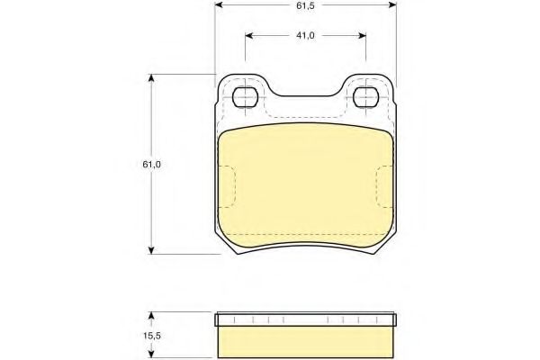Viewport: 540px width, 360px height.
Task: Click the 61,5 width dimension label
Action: pyautogui.click(x=305, y=5)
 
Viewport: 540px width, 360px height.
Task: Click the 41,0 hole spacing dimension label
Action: pyautogui.click(x=305, y=35)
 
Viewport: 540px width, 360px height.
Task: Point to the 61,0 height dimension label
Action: pyautogui.click(x=151, y=165)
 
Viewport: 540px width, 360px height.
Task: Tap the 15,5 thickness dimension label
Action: pyautogui.click(x=152, y=336)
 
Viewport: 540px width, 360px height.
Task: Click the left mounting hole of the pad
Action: pyautogui.click(x=245, y=97)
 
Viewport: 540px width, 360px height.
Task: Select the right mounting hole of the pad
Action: pyautogui.click(x=366, y=97)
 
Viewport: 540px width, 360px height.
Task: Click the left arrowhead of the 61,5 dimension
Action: pyautogui.click(x=219, y=5)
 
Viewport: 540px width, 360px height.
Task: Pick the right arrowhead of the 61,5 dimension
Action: pyautogui.click(x=392, y=5)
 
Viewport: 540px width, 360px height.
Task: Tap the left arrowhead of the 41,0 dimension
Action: pyautogui.click(x=249, y=35)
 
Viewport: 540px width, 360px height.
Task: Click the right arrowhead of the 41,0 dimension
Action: pyautogui.click(x=362, y=35)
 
